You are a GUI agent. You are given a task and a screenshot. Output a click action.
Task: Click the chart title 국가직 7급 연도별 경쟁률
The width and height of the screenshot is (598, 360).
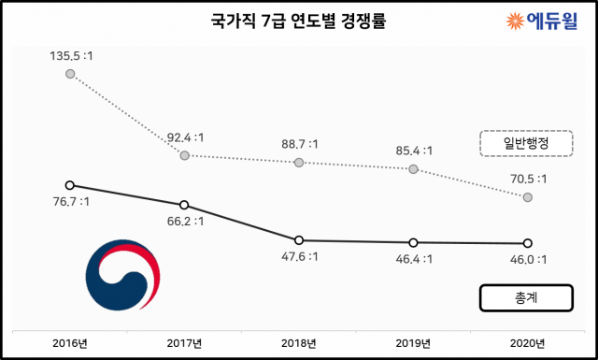[298, 21]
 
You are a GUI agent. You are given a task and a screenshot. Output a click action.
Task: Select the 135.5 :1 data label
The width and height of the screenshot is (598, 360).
[71, 57]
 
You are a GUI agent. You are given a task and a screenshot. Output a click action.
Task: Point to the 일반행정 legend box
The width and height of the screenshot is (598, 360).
[525, 142]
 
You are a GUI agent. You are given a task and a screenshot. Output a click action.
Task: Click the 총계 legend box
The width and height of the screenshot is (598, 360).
[525, 297]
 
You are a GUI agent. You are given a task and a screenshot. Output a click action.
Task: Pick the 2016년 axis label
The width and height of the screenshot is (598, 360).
[70, 343]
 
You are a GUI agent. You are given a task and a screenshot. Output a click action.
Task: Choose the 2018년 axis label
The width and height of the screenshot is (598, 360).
[299, 343]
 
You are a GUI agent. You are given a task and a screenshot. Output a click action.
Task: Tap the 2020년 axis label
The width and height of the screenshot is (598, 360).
[528, 343]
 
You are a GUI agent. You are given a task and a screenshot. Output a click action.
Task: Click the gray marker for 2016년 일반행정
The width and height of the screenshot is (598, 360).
[70, 74]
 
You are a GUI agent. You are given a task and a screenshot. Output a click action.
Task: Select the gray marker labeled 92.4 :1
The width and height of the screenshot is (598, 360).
[184, 155]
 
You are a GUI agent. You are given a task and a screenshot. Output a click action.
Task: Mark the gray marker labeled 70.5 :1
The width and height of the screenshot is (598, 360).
[528, 197]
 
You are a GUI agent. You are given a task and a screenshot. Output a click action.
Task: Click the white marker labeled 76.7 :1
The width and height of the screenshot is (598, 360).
[70, 185]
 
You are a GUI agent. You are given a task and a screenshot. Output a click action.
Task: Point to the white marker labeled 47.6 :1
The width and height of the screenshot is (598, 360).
[299, 240]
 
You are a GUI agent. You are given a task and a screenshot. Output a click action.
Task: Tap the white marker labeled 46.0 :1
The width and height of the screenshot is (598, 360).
[528, 244]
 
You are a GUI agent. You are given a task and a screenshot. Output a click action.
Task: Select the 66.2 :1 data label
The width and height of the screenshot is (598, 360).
[186, 222]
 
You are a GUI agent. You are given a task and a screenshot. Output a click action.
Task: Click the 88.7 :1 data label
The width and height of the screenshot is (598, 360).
[300, 144]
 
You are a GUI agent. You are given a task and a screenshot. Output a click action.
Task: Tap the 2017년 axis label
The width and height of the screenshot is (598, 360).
[185, 343]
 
